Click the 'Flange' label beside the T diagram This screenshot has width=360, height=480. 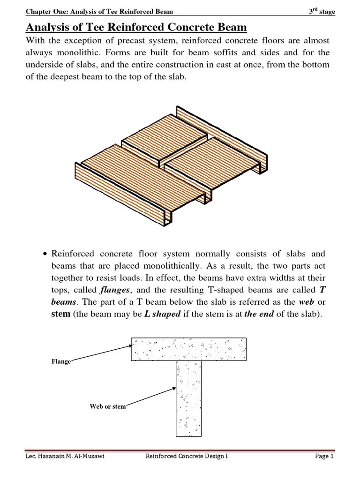[x=61, y=362]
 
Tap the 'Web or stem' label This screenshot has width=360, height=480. [x=108, y=406]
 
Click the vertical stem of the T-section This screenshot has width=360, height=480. [x=188, y=398]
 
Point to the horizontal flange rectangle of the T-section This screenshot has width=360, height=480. [x=188, y=349]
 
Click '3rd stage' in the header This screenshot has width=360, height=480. [x=322, y=12]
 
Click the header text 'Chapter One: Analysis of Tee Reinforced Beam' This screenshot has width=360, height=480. [x=99, y=12]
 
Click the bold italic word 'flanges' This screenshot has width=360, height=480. [x=117, y=289]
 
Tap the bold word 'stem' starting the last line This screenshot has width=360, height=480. [x=60, y=314]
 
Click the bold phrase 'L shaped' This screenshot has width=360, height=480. [x=162, y=314]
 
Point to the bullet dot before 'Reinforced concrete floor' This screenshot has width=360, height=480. [x=45, y=255]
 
